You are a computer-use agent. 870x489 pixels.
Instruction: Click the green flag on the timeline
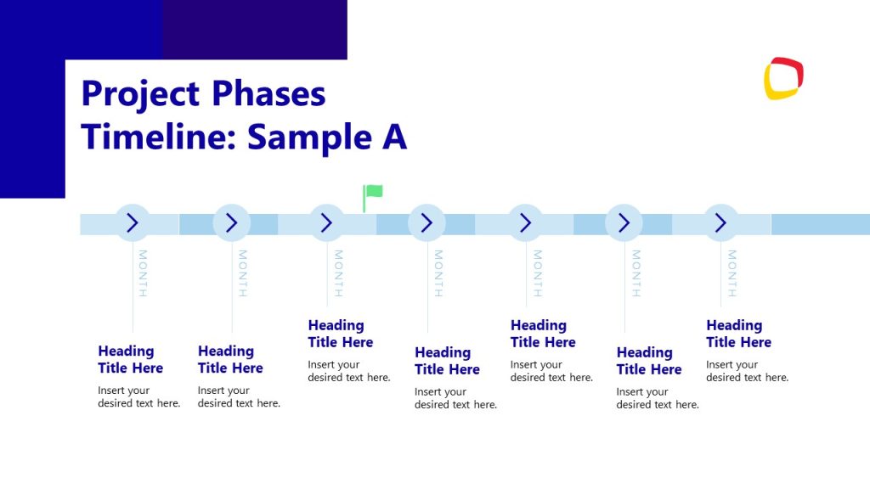point(373,193)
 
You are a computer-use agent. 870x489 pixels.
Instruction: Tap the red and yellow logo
point(783,78)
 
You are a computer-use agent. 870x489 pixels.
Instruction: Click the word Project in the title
point(139,94)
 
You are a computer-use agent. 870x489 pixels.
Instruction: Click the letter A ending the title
point(393,137)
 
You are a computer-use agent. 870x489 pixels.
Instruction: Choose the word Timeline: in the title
point(157,137)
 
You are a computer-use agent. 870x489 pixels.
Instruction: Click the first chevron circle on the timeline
point(133,223)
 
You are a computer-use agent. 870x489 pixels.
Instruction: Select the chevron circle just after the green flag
point(427,223)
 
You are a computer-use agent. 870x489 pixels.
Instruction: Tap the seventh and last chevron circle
point(720,223)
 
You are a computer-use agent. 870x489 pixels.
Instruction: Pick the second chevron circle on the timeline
point(231,223)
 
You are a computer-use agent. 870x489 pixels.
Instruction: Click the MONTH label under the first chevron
point(143,273)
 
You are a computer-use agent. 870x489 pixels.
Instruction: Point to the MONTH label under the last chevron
point(732,273)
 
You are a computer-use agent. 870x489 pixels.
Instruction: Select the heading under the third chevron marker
point(340,334)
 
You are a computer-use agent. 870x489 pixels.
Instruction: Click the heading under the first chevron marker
point(130,359)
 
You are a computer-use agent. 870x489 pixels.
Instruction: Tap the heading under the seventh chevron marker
point(738,334)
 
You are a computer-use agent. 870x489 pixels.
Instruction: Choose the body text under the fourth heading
point(455,398)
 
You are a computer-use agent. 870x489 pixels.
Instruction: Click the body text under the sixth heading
point(658,398)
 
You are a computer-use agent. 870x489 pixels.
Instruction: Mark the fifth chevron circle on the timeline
point(525,223)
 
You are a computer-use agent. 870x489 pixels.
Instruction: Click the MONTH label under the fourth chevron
point(438,273)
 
